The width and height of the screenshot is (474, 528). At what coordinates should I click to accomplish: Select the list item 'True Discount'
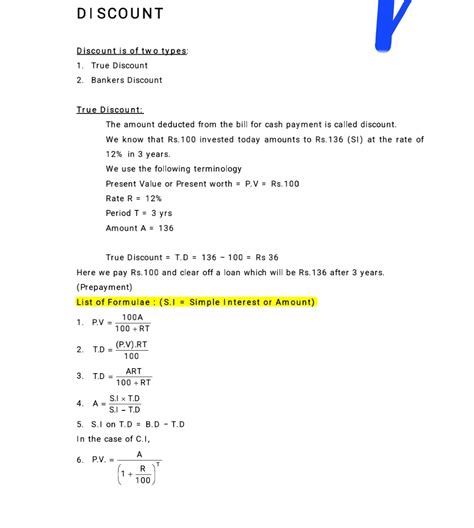click(x=119, y=65)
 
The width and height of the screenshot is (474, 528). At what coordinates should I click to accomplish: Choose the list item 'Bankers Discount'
click(x=126, y=80)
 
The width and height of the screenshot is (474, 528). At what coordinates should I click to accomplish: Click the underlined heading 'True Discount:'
click(x=109, y=109)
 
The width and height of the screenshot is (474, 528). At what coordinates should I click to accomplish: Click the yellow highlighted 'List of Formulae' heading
click(x=196, y=302)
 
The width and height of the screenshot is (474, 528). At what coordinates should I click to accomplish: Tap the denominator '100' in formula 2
click(x=131, y=356)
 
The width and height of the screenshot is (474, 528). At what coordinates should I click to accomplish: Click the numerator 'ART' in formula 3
click(x=133, y=371)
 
